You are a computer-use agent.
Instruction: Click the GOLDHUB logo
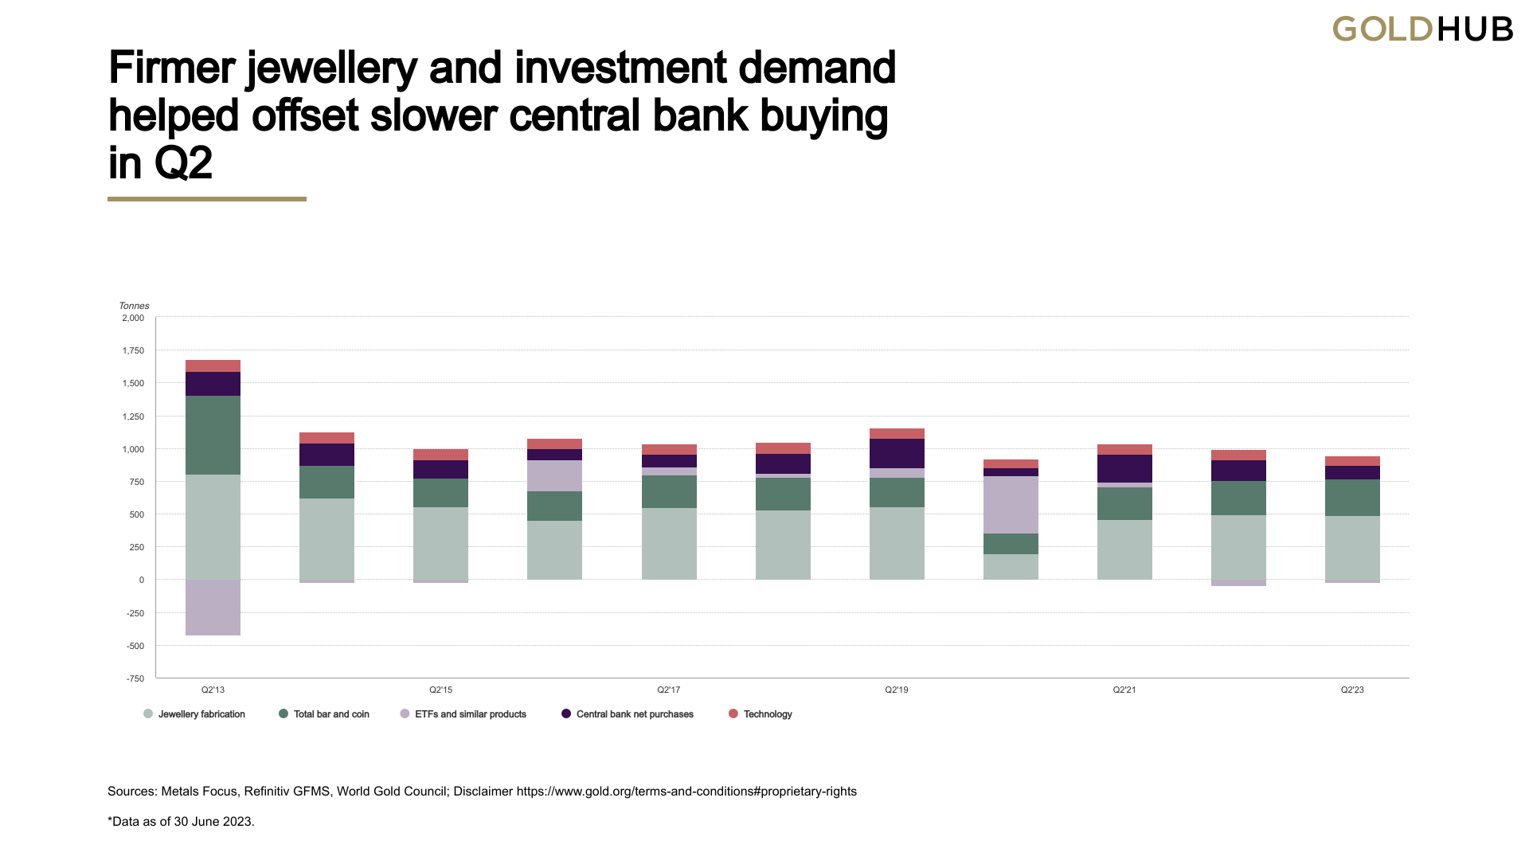pyautogui.click(x=1422, y=29)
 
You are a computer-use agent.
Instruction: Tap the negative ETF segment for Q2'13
pyautogui.click(x=213, y=607)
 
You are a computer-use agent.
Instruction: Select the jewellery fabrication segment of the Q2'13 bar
pyautogui.click(x=213, y=526)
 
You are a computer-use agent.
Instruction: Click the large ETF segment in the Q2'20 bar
pyautogui.click(x=1011, y=505)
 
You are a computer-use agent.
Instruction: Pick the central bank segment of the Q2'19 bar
pyautogui.click(x=897, y=453)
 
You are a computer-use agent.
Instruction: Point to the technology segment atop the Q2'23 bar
pyautogui.click(x=1352, y=461)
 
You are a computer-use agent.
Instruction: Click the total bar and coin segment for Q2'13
pyautogui.click(x=213, y=435)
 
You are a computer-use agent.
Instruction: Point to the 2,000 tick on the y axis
pyautogui.click(x=133, y=318)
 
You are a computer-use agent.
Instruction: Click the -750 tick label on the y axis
pyautogui.click(x=135, y=678)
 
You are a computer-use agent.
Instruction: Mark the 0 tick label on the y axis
pyautogui.click(x=142, y=580)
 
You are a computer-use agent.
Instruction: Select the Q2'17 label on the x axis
pyautogui.click(x=669, y=690)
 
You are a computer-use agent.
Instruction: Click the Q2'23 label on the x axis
pyautogui.click(x=1352, y=690)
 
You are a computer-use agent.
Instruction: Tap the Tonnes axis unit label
pyautogui.click(x=134, y=306)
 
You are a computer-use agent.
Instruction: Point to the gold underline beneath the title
pyautogui.click(x=207, y=199)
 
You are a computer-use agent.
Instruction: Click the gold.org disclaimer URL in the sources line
pyautogui.click(x=686, y=792)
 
